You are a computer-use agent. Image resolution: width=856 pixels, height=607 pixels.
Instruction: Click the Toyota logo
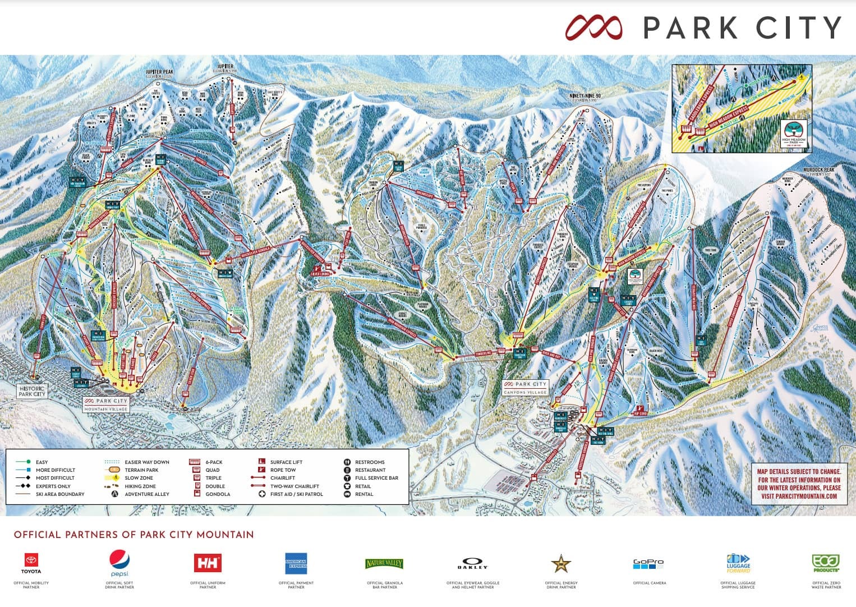pos(31,560)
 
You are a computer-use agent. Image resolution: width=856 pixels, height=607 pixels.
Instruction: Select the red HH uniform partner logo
pos(208,563)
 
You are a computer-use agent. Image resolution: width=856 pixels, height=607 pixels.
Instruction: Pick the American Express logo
pos(296,563)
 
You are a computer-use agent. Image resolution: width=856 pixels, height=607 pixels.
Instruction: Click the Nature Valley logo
pos(384,563)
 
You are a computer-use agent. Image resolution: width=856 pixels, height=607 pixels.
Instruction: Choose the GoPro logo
pos(649,563)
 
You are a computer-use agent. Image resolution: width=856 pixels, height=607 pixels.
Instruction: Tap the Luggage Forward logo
pos(738,563)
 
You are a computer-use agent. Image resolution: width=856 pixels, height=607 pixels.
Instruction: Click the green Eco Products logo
pos(826,563)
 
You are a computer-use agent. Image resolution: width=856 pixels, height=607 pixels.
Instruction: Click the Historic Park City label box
pos(32,391)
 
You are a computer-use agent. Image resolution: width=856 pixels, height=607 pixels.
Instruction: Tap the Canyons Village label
pos(526,388)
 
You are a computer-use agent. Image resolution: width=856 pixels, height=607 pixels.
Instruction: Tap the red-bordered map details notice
pos(798,484)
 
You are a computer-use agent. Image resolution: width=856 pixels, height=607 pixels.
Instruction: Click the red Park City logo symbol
pos(594,27)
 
